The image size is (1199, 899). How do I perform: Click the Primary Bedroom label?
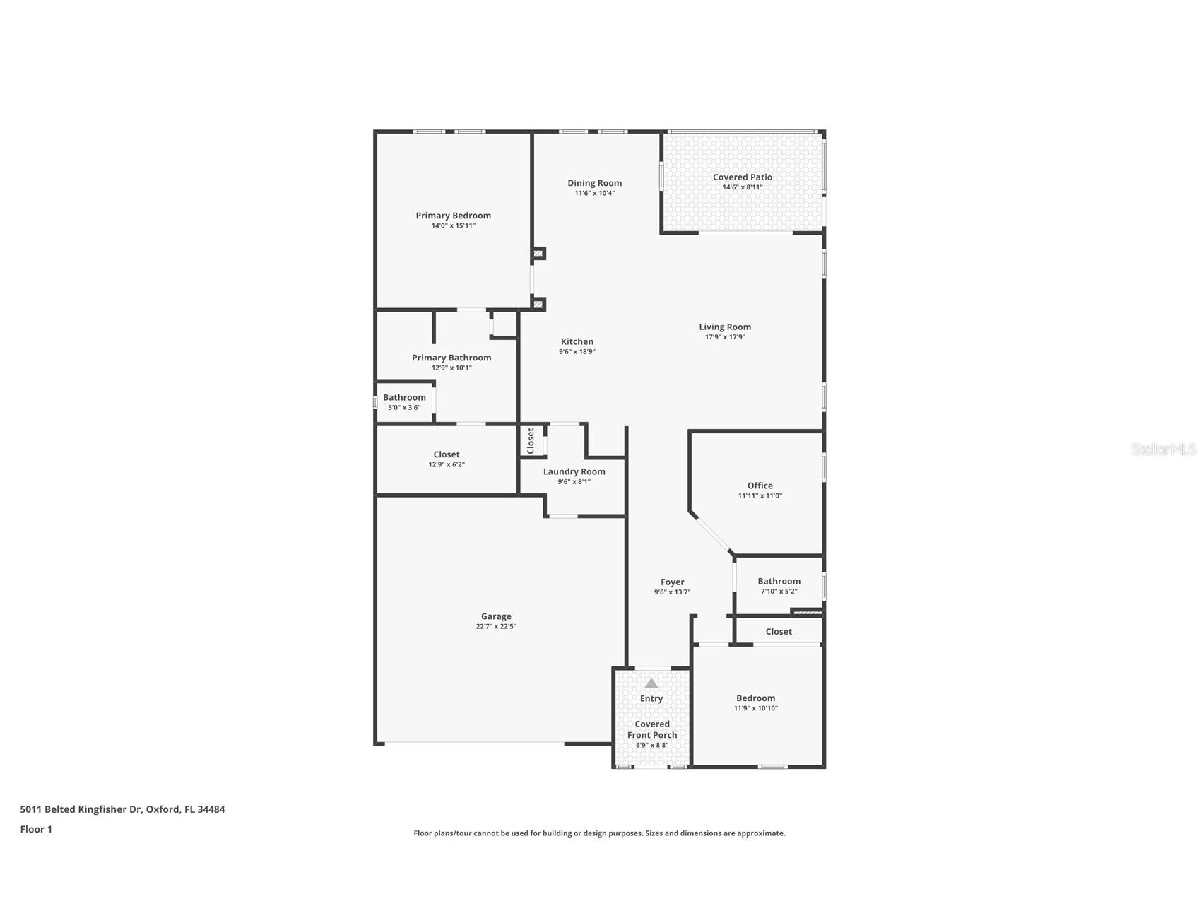coord(453,216)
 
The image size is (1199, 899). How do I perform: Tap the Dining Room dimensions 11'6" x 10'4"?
coord(595,193)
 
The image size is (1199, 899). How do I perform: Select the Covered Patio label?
coord(743,177)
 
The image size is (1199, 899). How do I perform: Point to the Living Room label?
coord(725,327)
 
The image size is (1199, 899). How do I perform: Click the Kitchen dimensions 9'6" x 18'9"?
coord(577,351)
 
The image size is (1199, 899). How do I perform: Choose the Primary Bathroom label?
coord(451,358)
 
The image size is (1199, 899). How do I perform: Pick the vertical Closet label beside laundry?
coord(531,441)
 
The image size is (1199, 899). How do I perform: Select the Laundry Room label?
coord(574,471)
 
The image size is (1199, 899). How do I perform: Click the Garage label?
coord(496,616)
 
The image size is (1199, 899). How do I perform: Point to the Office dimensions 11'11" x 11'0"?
coord(760,495)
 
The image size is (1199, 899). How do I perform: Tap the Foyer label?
coord(673,582)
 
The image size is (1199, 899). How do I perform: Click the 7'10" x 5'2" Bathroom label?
coord(779,581)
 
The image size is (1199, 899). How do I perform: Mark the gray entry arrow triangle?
coord(651,683)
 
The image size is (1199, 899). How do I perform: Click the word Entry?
coord(651,698)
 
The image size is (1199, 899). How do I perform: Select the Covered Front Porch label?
coord(652,729)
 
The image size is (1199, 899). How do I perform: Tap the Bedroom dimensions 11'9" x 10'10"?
coord(756,708)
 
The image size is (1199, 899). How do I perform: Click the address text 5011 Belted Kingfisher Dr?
coord(81,809)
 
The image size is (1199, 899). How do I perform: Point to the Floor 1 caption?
coord(36,830)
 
